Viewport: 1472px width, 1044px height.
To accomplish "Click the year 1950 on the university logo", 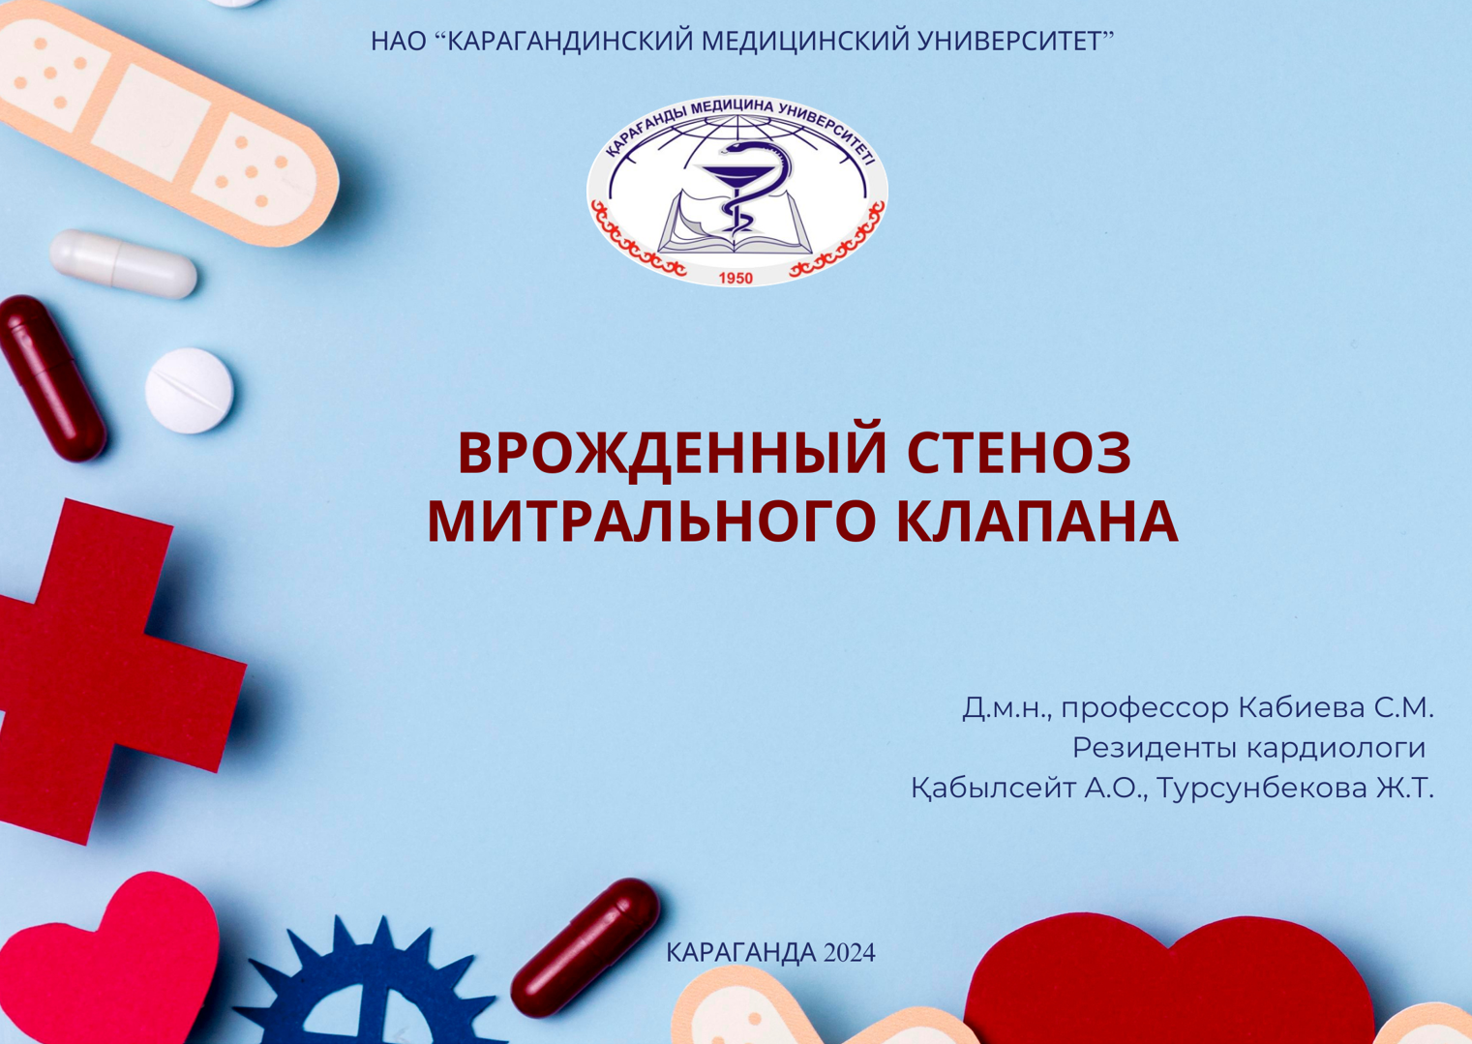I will [736, 278].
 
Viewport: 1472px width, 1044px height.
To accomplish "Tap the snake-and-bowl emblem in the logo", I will [737, 189].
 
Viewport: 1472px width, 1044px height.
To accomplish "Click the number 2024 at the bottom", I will [849, 953].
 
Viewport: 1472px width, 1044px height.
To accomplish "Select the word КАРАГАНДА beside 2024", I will [741, 953].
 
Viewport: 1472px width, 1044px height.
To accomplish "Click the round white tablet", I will [189, 390].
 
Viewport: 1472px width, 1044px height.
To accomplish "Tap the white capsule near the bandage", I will [124, 263].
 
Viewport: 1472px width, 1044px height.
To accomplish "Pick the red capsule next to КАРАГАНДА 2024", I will [586, 947].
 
